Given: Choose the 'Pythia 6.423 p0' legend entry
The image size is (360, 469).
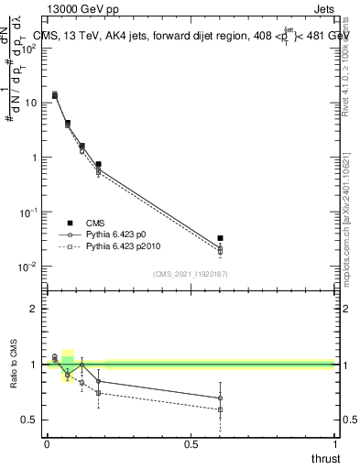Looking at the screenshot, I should (x=120, y=234).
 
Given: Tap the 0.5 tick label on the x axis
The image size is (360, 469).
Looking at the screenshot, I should (x=191, y=444).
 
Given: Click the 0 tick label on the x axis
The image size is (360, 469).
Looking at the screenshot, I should (x=47, y=444).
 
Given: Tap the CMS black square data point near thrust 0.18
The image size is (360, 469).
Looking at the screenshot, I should (x=98, y=165).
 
